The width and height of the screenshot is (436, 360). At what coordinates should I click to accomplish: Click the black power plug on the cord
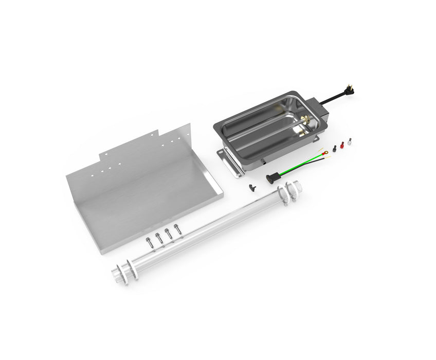pos(350,91)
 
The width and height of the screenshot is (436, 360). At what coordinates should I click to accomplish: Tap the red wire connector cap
pos(340,146)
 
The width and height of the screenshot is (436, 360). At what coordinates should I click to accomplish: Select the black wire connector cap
pos(333,149)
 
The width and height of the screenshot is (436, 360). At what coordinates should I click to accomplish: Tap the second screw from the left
pos(159,237)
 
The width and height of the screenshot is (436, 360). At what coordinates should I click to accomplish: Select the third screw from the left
pos(168,232)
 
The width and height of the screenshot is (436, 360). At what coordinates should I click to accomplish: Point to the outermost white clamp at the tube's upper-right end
pos(297,188)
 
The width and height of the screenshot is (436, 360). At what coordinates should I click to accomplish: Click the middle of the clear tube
pos(206,231)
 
